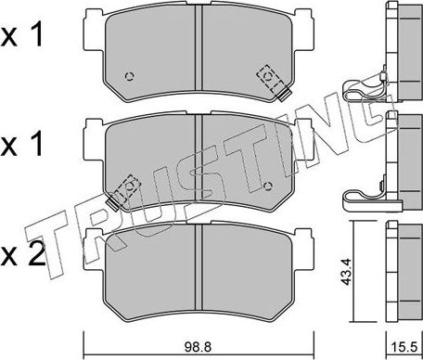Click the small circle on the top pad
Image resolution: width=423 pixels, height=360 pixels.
click(131, 77)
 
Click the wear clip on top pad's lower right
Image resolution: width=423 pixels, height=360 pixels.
click(282, 94)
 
